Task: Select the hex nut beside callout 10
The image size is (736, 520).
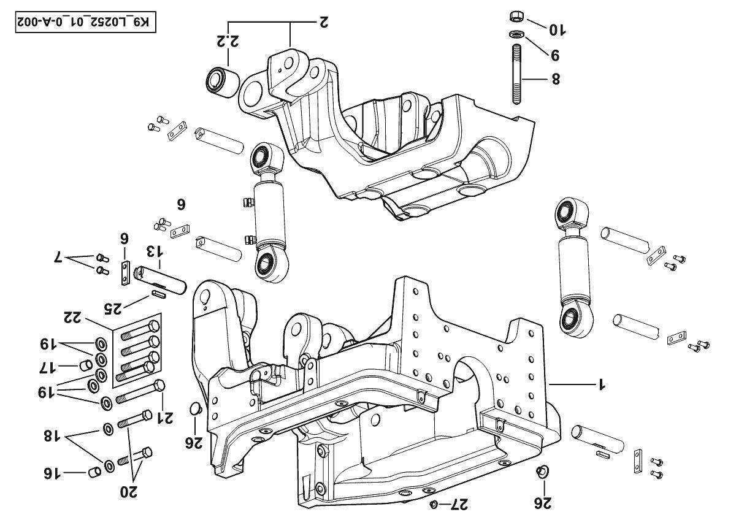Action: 516,16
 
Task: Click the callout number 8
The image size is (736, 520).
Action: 556,80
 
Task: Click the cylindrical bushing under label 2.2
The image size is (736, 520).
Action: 219,82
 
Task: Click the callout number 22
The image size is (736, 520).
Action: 74,318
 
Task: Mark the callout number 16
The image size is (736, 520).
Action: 52,473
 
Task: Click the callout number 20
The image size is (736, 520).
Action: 129,491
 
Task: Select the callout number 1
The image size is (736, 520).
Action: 602,384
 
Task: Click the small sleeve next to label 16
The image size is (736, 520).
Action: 94,472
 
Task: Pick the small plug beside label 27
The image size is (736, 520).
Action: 434,504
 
